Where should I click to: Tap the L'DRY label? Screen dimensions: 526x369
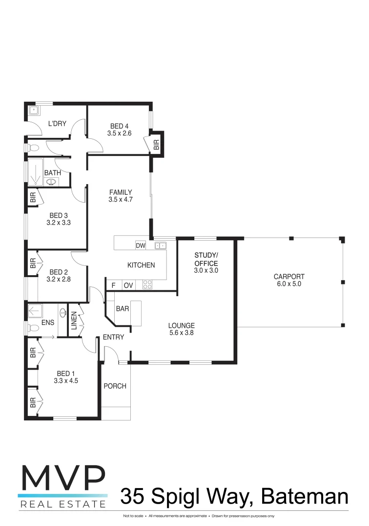pyautogui.click(x=57, y=124)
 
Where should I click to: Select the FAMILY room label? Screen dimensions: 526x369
pyautogui.click(x=121, y=192)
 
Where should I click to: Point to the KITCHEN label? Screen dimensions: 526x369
pyautogui.click(x=141, y=265)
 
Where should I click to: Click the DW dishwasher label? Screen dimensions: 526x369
pyautogui.click(x=141, y=245)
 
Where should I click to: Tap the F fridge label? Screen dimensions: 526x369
pyautogui.click(x=113, y=285)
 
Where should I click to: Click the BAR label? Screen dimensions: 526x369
pyautogui.click(x=123, y=309)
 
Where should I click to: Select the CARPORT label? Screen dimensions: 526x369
pyautogui.click(x=289, y=277)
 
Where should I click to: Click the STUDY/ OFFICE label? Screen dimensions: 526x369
pyautogui.click(x=206, y=259)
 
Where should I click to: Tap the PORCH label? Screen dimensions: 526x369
pyautogui.click(x=115, y=386)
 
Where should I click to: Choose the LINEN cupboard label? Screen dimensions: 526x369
pyautogui.click(x=74, y=321)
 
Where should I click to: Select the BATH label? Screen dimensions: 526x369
pyautogui.click(x=52, y=173)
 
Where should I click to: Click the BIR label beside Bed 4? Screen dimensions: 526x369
pyautogui.click(x=156, y=144)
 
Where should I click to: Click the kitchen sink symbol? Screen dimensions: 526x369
pyautogui.click(x=161, y=245)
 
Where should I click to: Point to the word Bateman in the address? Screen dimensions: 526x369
pyautogui.click(x=305, y=497)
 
